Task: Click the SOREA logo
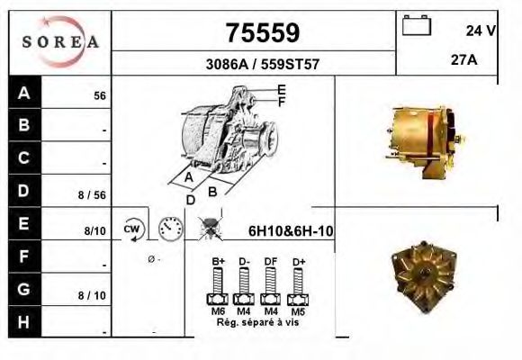click(x=60, y=41)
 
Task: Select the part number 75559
click(x=262, y=33)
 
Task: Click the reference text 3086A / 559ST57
click(x=262, y=65)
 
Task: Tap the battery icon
click(x=417, y=27)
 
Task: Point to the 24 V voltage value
click(x=481, y=31)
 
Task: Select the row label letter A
click(x=23, y=93)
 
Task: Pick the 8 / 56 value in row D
click(x=93, y=194)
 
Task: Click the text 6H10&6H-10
click(x=291, y=231)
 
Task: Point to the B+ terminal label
click(x=218, y=262)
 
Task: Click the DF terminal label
click(x=269, y=262)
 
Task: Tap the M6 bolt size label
click(x=218, y=310)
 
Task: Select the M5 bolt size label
click(x=297, y=310)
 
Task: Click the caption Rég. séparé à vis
click(x=256, y=321)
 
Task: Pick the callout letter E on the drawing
click(x=282, y=89)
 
